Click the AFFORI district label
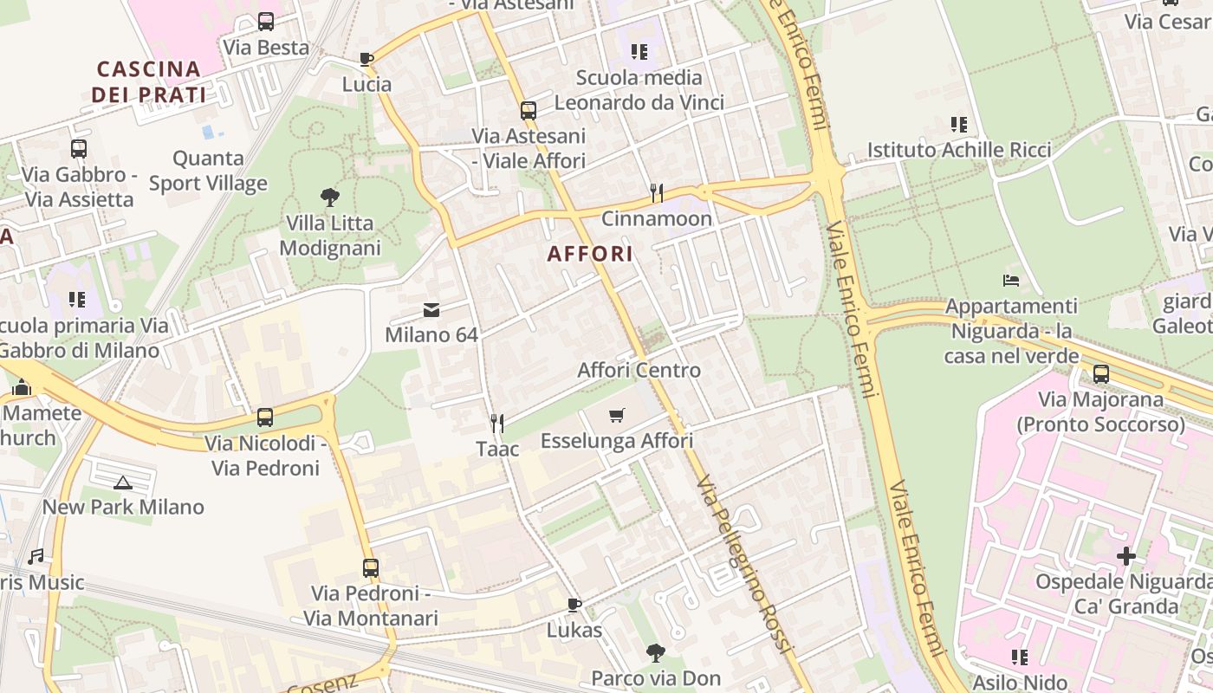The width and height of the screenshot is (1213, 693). pos(589,254)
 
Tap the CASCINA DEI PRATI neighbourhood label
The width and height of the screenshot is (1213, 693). pos(149,81)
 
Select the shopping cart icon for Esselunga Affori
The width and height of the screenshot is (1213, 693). pos(616,416)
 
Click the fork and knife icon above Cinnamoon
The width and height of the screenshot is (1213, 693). pos(657,192)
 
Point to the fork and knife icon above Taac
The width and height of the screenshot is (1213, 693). pos(497,423)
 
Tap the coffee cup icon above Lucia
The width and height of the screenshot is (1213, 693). pos(366,59)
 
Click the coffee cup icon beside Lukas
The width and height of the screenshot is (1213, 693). pos(574,604)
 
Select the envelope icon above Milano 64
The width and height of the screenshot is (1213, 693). pos(431,309)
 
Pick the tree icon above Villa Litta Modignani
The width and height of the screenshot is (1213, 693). pos(329,198)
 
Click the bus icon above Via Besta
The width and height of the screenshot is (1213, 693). pos(266,22)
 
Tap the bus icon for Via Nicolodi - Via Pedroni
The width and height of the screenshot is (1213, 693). pos(265,418)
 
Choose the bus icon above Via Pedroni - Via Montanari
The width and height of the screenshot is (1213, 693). pos(371,568)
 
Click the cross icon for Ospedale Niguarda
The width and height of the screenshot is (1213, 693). pos(1125,555)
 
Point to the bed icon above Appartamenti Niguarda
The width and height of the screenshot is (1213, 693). pos(1011,281)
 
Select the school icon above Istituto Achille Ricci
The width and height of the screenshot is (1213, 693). pos(958,125)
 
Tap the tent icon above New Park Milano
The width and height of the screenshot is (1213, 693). pos(122,483)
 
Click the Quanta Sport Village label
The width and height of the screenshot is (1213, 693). pos(208,171)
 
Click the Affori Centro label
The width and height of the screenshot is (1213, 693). pos(639,370)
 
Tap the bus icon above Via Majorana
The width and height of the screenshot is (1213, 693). pos(1100,374)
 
